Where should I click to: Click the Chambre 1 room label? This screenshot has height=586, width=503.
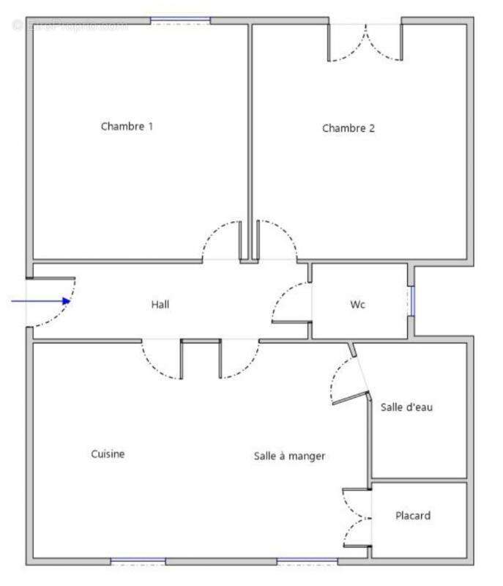tap(127, 126)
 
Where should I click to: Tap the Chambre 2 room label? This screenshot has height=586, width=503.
tap(349, 128)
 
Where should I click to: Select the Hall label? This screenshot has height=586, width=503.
tap(160, 304)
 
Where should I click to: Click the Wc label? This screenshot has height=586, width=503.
tap(358, 305)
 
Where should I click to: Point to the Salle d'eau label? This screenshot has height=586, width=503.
tap(406, 407)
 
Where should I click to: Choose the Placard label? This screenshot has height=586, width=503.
tap(413, 516)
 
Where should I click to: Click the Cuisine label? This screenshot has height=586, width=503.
tap(108, 454)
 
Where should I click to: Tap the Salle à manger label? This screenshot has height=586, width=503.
tap(289, 456)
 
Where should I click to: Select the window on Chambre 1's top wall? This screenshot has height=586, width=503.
tap(180, 21)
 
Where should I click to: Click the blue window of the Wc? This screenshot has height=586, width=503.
tap(412, 301)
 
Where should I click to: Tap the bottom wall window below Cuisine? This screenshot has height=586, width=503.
tap(138, 562)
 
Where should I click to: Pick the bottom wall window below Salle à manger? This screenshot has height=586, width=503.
tap(307, 562)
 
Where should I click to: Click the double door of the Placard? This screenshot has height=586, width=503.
tap(358, 517)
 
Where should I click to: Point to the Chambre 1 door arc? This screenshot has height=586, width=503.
tap(220, 241)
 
